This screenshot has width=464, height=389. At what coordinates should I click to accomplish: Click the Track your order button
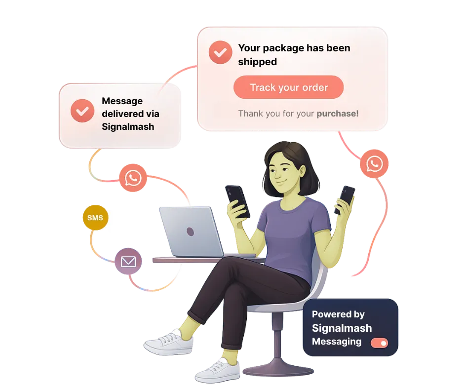(x=289, y=88)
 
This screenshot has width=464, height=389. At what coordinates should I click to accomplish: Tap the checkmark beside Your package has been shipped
(x=220, y=52)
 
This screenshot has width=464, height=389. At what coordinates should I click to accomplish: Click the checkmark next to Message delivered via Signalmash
(x=82, y=111)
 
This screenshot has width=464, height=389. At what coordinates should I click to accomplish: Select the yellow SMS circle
(x=95, y=218)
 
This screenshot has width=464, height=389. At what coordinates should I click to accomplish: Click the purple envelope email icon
(x=128, y=261)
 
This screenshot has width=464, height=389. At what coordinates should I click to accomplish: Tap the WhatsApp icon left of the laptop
(x=133, y=177)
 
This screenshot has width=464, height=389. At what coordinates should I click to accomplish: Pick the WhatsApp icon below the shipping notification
(x=374, y=163)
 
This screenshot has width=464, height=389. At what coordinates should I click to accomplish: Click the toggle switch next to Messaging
(x=379, y=343)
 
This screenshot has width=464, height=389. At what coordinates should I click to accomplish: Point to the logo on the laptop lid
(x=191, y=231)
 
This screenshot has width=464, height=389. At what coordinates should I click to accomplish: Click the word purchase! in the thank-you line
(x=338, y=114)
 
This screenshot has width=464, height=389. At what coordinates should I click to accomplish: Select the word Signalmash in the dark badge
(x=342, y=328)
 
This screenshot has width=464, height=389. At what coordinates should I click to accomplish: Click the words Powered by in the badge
(x=338, y=314)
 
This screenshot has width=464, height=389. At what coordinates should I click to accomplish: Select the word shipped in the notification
(x=258, y=62)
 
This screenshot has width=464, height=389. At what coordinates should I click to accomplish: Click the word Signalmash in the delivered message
(x=128, y=126)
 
